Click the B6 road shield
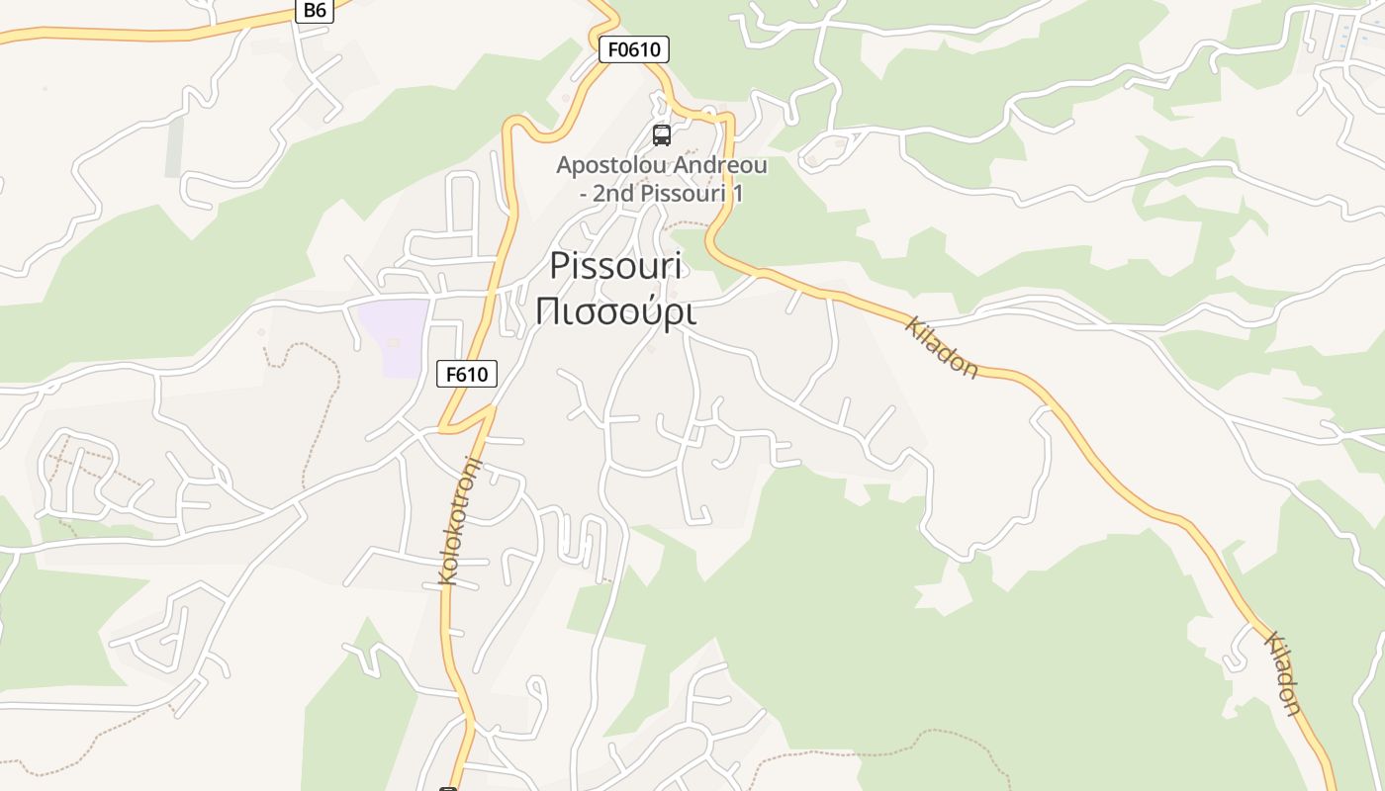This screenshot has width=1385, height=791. click(x=314, y=10)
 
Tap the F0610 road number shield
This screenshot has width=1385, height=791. click(x=633, y=49)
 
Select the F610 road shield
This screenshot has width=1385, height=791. click(x=466, y=374)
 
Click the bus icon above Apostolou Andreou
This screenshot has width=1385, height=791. click(x=662, y=135)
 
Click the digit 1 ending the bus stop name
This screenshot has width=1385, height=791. click(x=737, y=193)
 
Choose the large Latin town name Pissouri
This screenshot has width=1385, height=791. click(x=617, y=265)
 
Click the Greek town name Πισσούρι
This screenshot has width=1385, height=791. click(x=615, y=310)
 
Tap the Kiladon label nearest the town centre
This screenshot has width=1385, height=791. click(x=942, y=348)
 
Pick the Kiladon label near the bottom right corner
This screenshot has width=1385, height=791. click(x=1282, y=672)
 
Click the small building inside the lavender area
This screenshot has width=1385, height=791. click(x=393, y=343)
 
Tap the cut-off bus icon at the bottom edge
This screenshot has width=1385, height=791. click(x=448, y=788)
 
